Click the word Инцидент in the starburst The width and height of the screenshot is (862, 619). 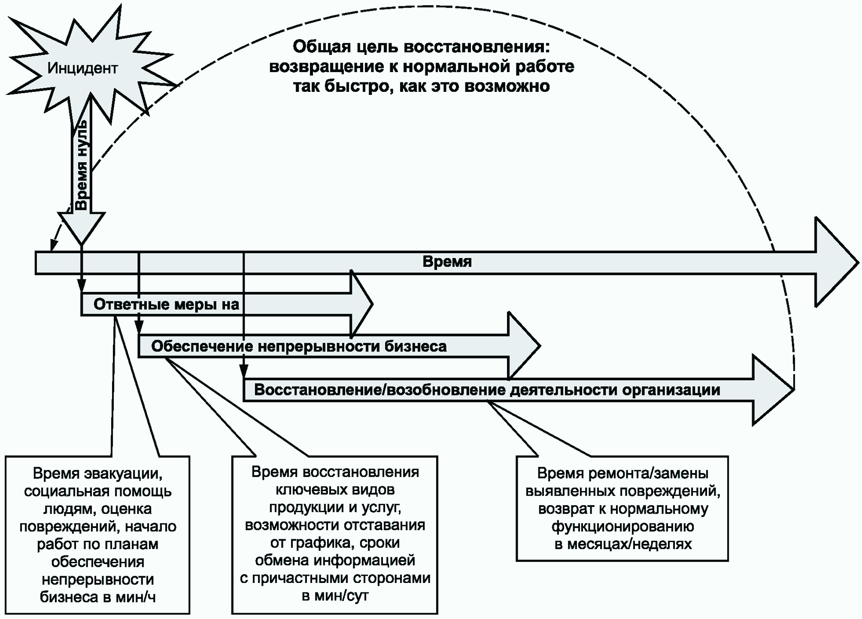point(82,68)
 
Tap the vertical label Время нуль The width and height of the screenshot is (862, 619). point(82,166)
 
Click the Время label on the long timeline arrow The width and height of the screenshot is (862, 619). point(447,262)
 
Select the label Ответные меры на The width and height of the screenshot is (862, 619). point(166,304)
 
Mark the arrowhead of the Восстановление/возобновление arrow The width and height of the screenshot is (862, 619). point(773,390)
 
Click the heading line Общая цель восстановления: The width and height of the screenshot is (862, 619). point(421,47)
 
